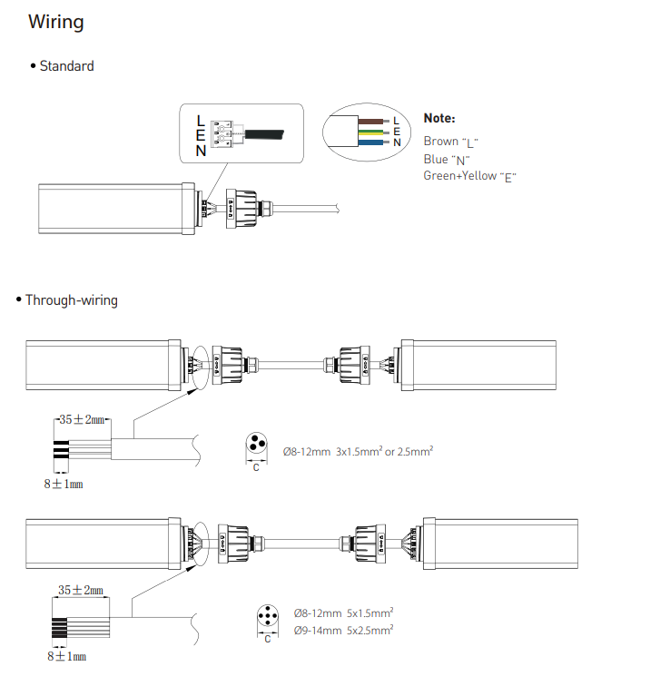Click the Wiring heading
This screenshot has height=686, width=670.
(56, 22)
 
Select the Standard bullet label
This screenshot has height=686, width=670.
(66, 66)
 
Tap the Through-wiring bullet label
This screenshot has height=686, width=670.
(72, 300)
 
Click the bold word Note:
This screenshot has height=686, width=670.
(439, 118)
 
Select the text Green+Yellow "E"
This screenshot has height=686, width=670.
(469, 176)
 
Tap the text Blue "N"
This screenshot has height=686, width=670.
(447, 160)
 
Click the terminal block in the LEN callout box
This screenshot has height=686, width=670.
(222, 134)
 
